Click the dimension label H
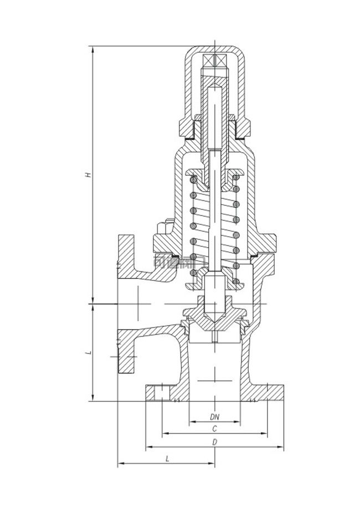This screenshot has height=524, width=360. coord(88,174)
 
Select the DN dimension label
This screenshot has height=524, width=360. coord(214,416)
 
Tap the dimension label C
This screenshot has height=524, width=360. coord(214,429)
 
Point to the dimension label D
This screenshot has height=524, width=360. coord(214,442)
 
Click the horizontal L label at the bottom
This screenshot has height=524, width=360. coord(167,459)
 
